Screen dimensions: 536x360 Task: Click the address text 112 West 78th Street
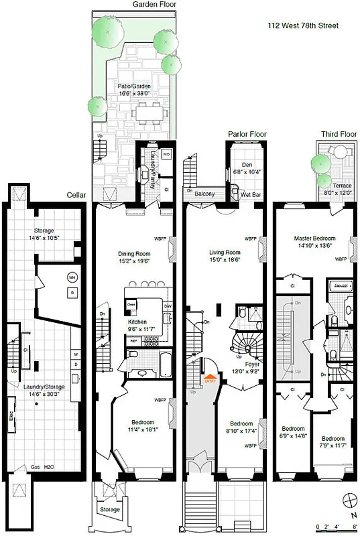pos(302,25)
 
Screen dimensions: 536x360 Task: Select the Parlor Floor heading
pos(247,134)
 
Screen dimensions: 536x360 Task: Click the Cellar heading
pos(78,195)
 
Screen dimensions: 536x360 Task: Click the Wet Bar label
pos(250,194)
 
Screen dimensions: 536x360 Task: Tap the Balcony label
pos(205,194)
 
